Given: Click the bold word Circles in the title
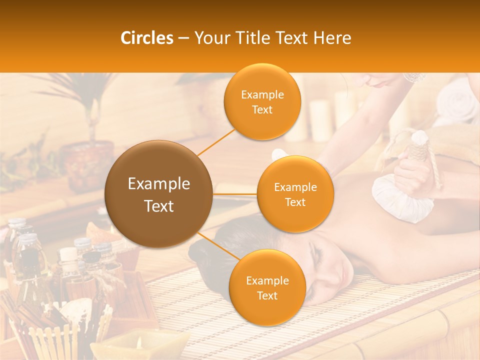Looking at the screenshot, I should tap(147, 38).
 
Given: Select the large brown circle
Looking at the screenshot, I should tap(158, 194).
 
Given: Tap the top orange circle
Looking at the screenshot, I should tap(262, 101).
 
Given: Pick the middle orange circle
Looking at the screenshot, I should tap(295, 194).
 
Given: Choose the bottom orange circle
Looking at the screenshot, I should tap(267, 287).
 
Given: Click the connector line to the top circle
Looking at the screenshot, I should tap(215, 141).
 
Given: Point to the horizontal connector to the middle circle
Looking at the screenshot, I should tap(235, 194).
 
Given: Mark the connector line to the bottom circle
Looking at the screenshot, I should tap(218, 246).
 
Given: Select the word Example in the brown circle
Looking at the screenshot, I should tap(158, 184).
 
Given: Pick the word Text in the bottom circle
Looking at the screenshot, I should tap(267, 295).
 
